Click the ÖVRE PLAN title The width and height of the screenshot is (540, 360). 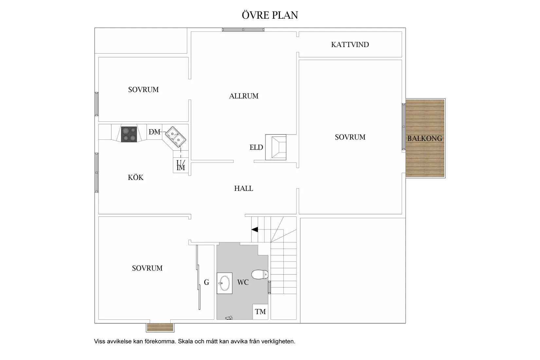pos(270,15)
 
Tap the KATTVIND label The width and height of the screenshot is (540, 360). pos(350,45)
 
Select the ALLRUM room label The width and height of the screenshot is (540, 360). pos(243,96)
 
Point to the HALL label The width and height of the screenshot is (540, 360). pos(243,188)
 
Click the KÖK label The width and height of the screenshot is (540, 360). pos(135,177)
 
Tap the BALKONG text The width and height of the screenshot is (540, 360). pos(425,138)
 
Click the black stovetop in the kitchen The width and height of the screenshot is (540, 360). pos(129,134)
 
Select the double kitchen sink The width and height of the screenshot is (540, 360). pos(175,137)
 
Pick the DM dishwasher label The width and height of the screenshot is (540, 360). pos(154,132)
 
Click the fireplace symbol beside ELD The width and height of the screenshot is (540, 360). pos(276,147)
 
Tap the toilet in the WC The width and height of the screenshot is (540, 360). pos(260,274)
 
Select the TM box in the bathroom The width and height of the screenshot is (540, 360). pos(261,312)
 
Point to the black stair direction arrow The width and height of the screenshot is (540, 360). pos(255,229)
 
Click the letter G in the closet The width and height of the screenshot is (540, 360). pos(207,282)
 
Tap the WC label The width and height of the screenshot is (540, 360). pos(243,282)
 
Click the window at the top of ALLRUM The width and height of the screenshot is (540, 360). pos(243,30)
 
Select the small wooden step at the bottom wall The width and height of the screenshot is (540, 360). pos(160,327)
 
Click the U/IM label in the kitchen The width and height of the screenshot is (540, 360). pos(181,165)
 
